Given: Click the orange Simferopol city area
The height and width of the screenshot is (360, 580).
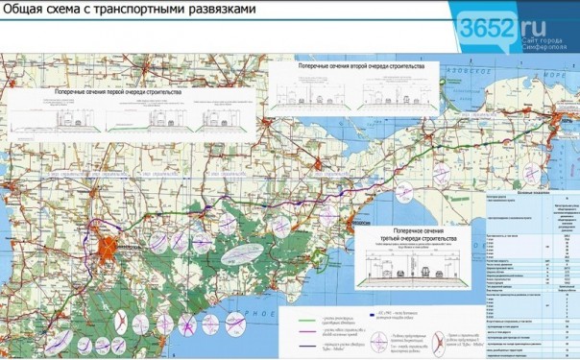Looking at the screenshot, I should click(109, 235).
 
